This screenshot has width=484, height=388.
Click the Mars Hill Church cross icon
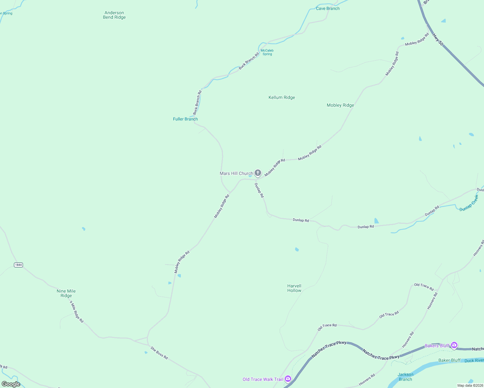(x=258, y=173)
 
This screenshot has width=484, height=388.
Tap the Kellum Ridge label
(x=282, y=97)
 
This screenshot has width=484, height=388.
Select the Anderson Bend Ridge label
(x=114, y=15)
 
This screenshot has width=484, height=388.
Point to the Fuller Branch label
(x=185, y=119)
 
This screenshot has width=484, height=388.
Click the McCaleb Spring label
(x=267, y=52)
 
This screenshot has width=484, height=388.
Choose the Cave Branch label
(x=328, y=8)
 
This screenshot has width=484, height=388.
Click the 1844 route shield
(x=18, y=265)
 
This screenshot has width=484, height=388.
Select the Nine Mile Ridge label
(x=66, y=293)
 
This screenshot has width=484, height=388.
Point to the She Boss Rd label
(x=159, y=353)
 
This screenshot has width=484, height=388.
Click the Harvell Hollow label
(x=294, y=288)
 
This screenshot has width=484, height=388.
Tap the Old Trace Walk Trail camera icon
(x=288, y=379)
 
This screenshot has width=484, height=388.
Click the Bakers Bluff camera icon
(x=454, y=345)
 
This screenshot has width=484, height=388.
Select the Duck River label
(x=474, y=361)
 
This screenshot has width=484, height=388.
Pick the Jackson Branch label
(x=405, y=377)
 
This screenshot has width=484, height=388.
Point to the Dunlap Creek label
(x=469, y=203)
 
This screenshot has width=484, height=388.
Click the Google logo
(x=11, y=384)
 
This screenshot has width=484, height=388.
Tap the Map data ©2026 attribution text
(x=470, y=385)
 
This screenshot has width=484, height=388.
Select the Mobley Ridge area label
(x=340, y=105)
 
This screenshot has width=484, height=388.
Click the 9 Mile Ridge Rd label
(x=77, y=311)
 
